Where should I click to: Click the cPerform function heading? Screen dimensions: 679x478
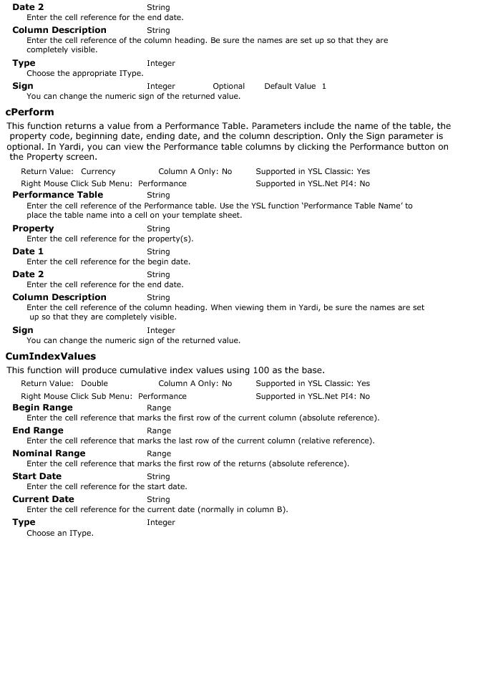(29, 112)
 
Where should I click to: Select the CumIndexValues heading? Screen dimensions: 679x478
(50, 357)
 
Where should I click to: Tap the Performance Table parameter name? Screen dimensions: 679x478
(57, 195)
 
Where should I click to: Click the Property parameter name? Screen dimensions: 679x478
(33, 229)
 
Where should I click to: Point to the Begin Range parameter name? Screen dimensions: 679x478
(42, 408)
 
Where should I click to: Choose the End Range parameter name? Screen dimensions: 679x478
(38, 430)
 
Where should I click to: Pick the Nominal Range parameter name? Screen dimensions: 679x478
(49, 453)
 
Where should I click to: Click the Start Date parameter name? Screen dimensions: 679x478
(36, 476)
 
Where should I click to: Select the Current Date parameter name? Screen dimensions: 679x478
(43, 499)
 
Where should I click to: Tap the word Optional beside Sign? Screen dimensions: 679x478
(228, 87)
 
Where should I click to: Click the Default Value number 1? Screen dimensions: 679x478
(323, 87)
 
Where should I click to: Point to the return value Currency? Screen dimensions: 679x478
(98, 172)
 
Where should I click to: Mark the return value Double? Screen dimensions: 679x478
(94, 384)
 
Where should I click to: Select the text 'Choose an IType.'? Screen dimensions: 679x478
(60, 534)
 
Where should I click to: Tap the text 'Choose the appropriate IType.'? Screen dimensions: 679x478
(84, 74)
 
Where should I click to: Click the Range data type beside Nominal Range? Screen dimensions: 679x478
(158, 454)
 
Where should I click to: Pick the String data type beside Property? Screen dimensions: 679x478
(158, 229)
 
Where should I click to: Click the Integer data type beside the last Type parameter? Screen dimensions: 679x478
(161, 523)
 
